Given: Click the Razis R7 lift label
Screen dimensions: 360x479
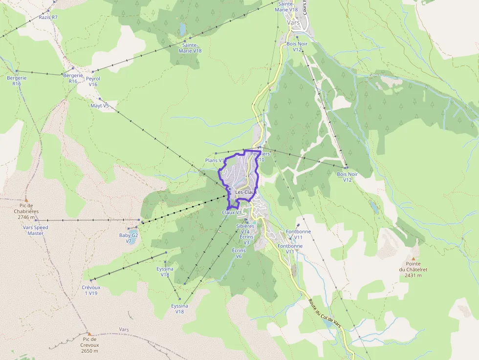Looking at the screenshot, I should [x=48, y=17].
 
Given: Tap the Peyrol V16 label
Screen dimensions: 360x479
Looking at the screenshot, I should [x=93, y=81].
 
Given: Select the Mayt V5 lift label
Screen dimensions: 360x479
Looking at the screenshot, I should [x=100, y=106].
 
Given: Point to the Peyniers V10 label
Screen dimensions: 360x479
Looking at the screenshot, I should [x=260, y=156].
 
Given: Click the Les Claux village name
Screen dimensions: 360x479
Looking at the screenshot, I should [x=246, y=192].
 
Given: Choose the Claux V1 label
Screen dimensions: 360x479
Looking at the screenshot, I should [x=232, y=212].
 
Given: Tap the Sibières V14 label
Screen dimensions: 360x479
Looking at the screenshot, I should [x=245, y=229].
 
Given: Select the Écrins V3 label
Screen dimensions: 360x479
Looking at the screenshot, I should [x=246, y=239].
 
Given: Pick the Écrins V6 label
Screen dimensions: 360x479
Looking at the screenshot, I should [x=239, y=253].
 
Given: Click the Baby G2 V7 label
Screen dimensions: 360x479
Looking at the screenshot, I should [x=129, y=238].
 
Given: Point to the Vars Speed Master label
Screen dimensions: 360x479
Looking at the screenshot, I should [x=36, y=230].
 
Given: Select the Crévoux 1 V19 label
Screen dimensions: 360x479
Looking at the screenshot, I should [x=91, y=290].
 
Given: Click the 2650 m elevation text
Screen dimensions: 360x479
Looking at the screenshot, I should [x=89, y=351].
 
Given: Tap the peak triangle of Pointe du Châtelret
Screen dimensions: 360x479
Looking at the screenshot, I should [x=413, y=259].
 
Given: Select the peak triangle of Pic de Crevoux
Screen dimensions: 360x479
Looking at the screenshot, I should [x=89, y=334].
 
